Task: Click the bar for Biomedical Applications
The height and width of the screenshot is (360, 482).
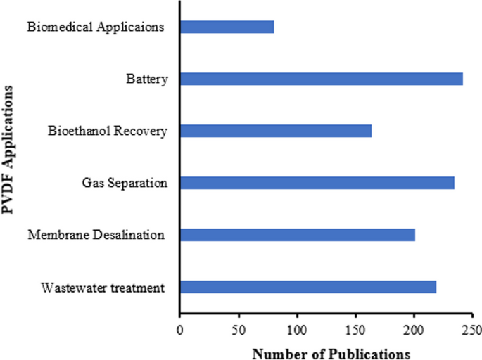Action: (227, 27)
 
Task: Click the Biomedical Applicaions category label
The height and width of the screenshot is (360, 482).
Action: (96, 27)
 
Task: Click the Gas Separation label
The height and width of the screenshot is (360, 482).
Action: (125, 184)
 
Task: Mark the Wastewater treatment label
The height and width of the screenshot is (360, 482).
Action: (103, 288)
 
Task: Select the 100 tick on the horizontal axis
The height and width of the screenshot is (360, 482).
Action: (297, 329)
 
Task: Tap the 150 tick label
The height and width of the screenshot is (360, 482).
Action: (355, 329)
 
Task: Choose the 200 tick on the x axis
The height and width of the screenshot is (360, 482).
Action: (414, 329)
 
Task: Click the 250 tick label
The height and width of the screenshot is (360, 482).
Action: (472, 329)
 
